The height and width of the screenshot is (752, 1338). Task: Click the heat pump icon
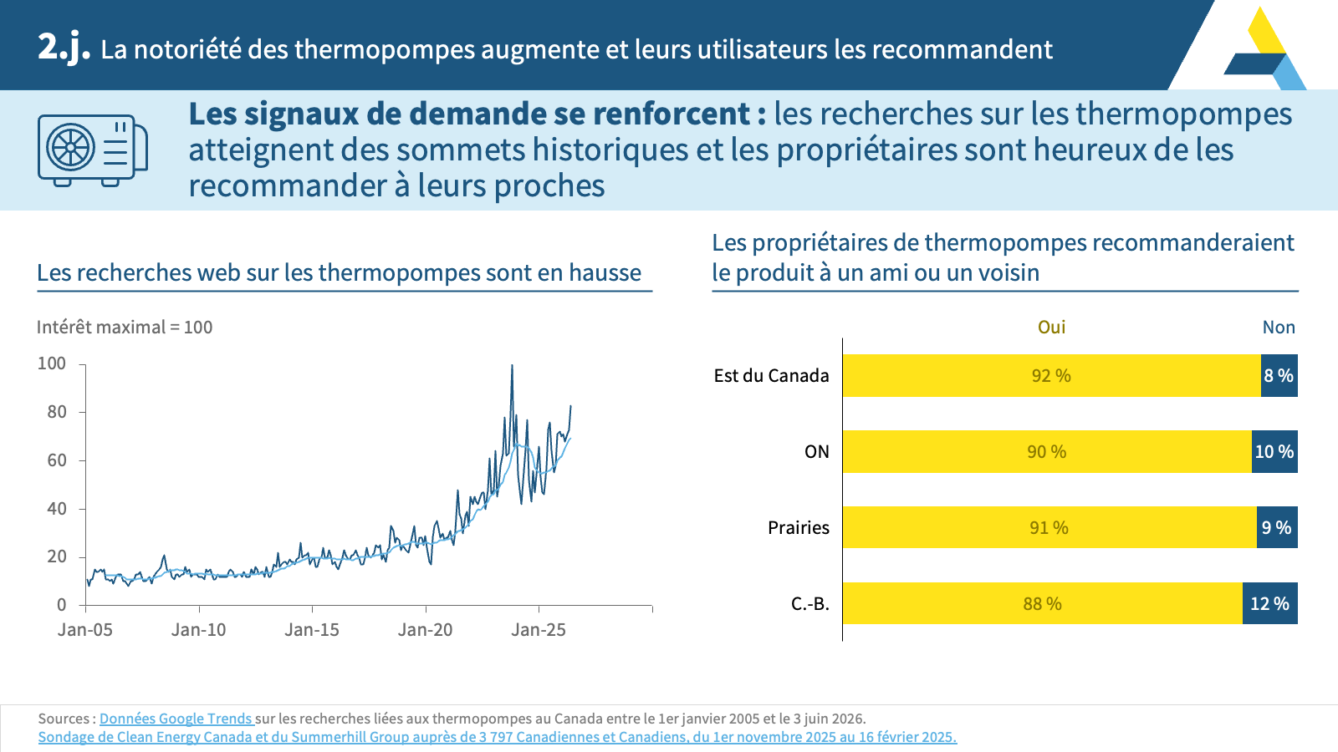(x=93, y=150)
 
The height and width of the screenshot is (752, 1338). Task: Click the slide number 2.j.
(x=64, y=48)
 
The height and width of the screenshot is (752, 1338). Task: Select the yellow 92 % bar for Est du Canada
(x=1051, y=375)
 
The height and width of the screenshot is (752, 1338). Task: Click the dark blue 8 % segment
(x=1279, y=375)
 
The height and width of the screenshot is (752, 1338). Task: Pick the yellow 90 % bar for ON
(x=1047, y=452)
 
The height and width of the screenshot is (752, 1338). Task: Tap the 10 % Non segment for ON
(x=1274, y=452)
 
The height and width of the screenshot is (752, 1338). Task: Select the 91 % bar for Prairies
(x=1049, y=527)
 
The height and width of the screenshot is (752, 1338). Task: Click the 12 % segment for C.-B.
(x=1270, y=603)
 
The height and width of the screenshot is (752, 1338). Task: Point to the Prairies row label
(x=798, y=527)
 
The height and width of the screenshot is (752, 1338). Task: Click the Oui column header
(x=1051, y=327)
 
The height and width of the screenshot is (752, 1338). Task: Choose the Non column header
(x=1279, y=327)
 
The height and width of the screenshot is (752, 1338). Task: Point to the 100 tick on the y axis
(x=52, y=363)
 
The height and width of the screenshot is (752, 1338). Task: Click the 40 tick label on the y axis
(x=57, y=509)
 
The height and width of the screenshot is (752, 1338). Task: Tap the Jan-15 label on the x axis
(x=312, y=630)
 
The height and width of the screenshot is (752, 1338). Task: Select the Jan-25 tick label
(x=539, y=630)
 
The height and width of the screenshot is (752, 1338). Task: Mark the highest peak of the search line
(x=512, y=365)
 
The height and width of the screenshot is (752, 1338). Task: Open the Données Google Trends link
(x=176, y=719)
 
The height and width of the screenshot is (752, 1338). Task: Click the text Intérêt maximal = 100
(x=125, y=327)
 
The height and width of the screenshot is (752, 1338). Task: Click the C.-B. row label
(x=810, y=604)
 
